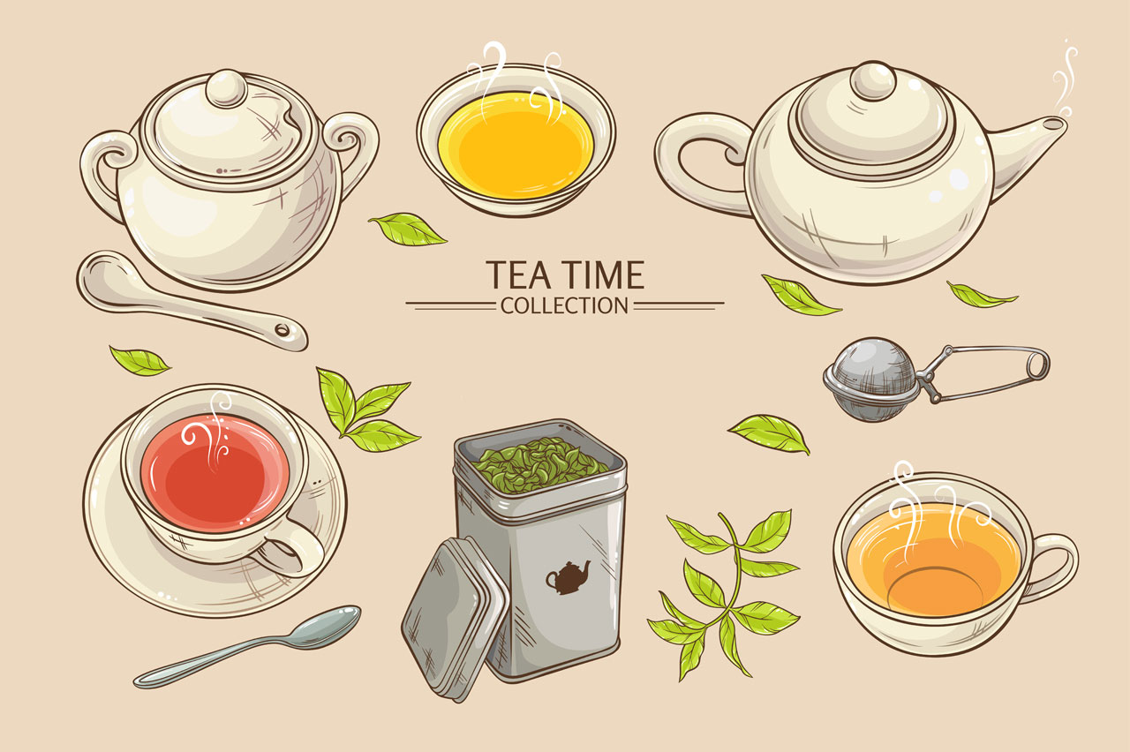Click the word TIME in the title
click(604, 274)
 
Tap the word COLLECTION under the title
click(564, 306)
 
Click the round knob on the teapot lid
click(873, 82)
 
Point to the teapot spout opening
click(1054, 125)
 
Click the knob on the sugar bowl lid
click(228, 89)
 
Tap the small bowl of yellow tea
click(516, 143)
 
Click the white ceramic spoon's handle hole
click(282, 330)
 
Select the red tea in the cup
click(215, 473)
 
